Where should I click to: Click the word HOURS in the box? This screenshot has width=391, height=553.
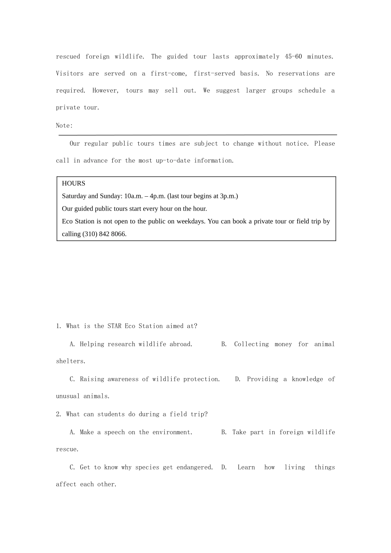(74, 184)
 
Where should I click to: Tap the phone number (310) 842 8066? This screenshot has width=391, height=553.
(105, 234)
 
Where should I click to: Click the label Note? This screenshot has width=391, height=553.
(64, 125)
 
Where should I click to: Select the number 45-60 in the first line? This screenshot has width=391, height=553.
(293, 57)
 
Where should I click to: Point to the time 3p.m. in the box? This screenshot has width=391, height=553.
(228, 196)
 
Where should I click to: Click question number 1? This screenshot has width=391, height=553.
(58, 326)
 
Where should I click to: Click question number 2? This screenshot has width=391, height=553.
(58, 414)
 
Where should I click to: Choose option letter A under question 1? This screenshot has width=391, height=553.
(72, 344)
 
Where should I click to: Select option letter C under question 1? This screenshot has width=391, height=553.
(72, 379)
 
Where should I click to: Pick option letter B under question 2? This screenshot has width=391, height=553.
(223, 432)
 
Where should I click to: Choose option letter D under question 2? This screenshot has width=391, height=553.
(224, 467)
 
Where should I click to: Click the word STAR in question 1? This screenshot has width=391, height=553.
(114, 326)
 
